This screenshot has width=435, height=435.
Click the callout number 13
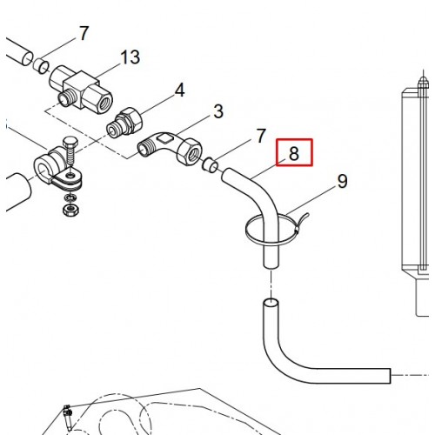(130, 57)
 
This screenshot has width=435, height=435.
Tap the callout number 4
(180, 90)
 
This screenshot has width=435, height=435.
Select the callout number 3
(218, 111)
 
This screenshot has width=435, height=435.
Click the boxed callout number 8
(294, 153)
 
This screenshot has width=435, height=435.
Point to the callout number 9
(343, 181)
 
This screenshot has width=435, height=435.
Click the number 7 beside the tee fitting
(84, 33)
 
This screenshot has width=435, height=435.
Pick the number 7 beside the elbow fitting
(261, 136)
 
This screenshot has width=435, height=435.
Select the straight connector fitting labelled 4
(124, 123)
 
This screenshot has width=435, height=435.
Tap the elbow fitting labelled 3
(170, 147)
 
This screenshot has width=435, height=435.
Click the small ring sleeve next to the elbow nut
(210, 165)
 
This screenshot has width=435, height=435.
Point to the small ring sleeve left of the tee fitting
(41, 66)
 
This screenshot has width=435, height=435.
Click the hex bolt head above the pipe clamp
(70, 143)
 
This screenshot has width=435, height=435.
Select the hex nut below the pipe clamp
(71, 210)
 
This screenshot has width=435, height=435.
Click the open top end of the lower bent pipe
(271, 304)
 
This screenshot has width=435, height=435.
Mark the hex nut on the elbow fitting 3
(189, 152)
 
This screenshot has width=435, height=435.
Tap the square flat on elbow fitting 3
(164, 137)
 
